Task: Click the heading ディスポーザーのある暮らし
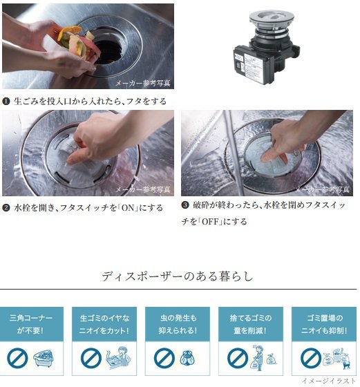point(178,276)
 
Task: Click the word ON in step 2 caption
point(128,208)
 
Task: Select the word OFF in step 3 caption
point(211,221)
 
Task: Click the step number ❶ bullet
point(6,101)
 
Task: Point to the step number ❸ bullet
point(185,205)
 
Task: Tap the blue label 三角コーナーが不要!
point(31,324)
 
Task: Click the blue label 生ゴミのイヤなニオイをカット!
point(104,324)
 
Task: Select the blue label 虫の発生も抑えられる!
point(178,324)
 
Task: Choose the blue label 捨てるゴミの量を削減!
point(251,324)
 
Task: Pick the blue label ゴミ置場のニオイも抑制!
point(324,324)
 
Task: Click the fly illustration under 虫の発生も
point(187,358)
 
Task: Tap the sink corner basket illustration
point(44,359)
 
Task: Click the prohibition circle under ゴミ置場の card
point(311,358)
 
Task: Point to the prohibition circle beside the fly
point(164,358)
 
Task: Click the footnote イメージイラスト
point(329,381)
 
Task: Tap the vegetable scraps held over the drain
point(77,42)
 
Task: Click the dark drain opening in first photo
point(108,51)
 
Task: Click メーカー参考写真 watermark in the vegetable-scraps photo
point(143,83)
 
